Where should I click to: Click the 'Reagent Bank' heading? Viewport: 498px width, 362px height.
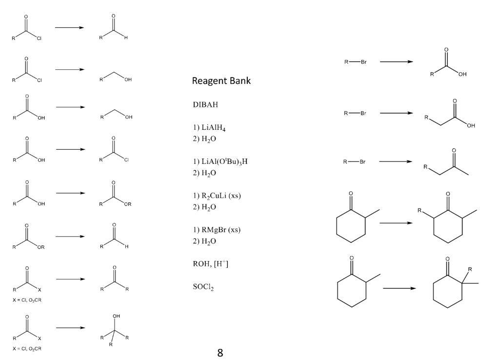(221, 81)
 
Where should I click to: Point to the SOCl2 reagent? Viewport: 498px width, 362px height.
(203, 288)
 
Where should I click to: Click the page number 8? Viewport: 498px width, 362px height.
(220, 353)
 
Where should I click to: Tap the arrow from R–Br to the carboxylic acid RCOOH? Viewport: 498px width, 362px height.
(396, 62)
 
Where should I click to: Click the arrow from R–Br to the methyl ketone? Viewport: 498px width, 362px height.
(396, 161)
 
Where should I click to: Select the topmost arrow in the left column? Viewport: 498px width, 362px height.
(69, 27)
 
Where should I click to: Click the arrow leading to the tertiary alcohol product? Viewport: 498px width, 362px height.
(70, 327)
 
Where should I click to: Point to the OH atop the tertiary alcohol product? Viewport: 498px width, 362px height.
(116, 316)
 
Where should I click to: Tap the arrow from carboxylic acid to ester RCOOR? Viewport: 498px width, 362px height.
(70, 193)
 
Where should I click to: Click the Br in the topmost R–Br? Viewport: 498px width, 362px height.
(363, 62)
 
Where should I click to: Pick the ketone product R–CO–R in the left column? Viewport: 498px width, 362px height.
(114, 280)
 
